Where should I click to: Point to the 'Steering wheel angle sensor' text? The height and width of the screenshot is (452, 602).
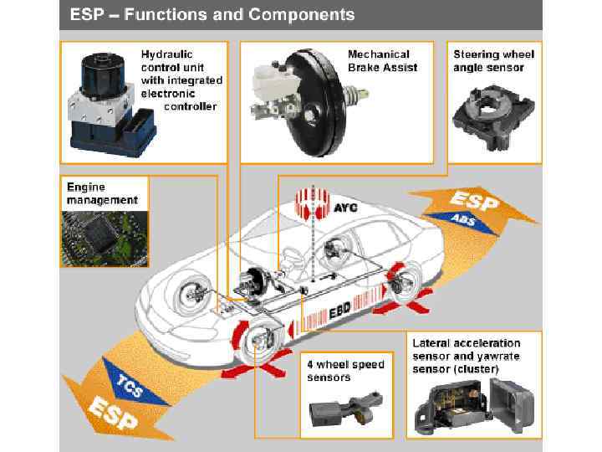click(x=493, y=60)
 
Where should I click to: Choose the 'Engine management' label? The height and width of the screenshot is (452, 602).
click(x=102, y=193)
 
